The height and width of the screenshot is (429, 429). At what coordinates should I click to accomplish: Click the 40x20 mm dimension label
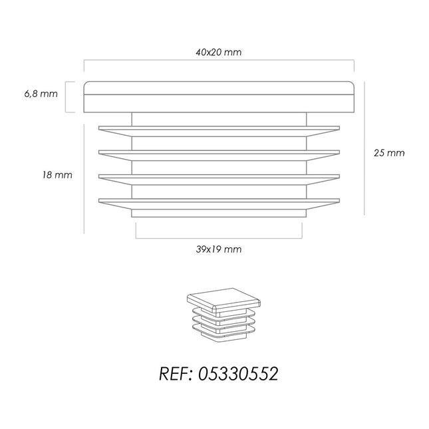(x=219, y=53)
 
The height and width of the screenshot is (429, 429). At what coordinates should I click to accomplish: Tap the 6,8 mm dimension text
(x=41, y=94)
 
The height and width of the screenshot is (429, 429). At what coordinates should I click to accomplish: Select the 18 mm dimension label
(x=57, y=175)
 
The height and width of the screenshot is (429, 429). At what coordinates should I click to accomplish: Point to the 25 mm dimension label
(x=389, y=153)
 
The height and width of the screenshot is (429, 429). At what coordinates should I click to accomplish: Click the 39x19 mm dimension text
(x=219, y=249)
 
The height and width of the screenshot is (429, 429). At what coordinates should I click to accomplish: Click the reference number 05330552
(x=238, y=374)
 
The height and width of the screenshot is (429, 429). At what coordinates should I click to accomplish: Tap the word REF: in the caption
(x=176, y=374)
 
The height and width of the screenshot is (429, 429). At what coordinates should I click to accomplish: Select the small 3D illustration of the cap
(x=223, y=315)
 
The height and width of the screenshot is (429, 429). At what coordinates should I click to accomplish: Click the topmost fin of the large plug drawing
(x=219, y=131)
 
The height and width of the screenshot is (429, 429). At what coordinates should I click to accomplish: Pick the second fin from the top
(x=219, y=156)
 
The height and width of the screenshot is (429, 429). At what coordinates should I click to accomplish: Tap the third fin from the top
(x=219, y=180)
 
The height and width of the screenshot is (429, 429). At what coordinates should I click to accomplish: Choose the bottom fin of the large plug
(x=219, y=204)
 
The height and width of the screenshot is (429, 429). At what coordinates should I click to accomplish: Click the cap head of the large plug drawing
(x=219, y=97)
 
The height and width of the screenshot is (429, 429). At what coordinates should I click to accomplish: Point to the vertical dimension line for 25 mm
(x=364, y=148)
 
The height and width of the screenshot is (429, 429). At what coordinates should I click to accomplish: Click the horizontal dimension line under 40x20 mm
(x=219, y=60)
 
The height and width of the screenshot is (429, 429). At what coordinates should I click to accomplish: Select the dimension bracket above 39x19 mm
(x=219, y=238)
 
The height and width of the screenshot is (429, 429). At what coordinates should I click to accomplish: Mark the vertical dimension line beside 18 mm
(x=84, y=179)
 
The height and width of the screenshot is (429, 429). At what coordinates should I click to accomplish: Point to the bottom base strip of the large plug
(x=219, y=214)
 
